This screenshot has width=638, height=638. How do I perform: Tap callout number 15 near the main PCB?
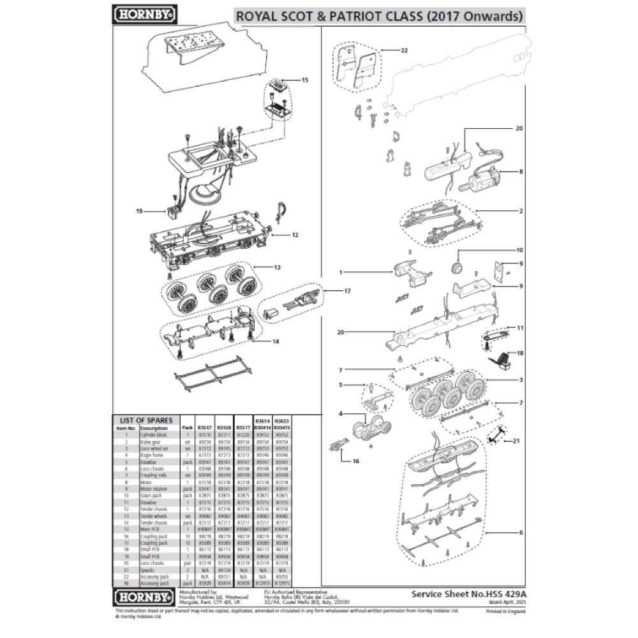coord(304,80)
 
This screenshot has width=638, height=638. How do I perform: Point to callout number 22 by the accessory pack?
coord(404,50)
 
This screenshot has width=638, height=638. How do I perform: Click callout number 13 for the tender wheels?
coord(276,267)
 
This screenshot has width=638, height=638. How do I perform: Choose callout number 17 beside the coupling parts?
coord(347,291)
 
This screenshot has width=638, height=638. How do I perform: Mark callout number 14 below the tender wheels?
coord(276,341)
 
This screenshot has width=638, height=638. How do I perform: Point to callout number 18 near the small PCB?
coord(519,352)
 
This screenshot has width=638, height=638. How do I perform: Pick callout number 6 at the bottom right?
coord(521,532)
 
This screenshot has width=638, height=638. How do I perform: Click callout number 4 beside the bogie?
coord(341,414)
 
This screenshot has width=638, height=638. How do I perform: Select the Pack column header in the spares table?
coord(187,427)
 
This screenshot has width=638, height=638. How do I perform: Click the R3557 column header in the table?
coord(205,427)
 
